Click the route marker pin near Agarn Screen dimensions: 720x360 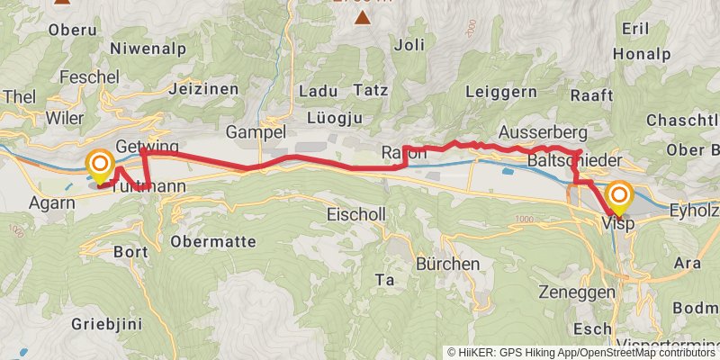(x=99, y=165)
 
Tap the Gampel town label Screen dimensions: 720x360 (x=256, y=131)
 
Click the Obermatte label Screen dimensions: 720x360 (x=213, y=241)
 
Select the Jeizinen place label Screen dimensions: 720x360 (x=202, y=89)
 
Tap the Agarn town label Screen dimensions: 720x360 (x=51, y=202)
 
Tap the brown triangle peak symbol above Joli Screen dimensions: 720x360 (x=362, y=17)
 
